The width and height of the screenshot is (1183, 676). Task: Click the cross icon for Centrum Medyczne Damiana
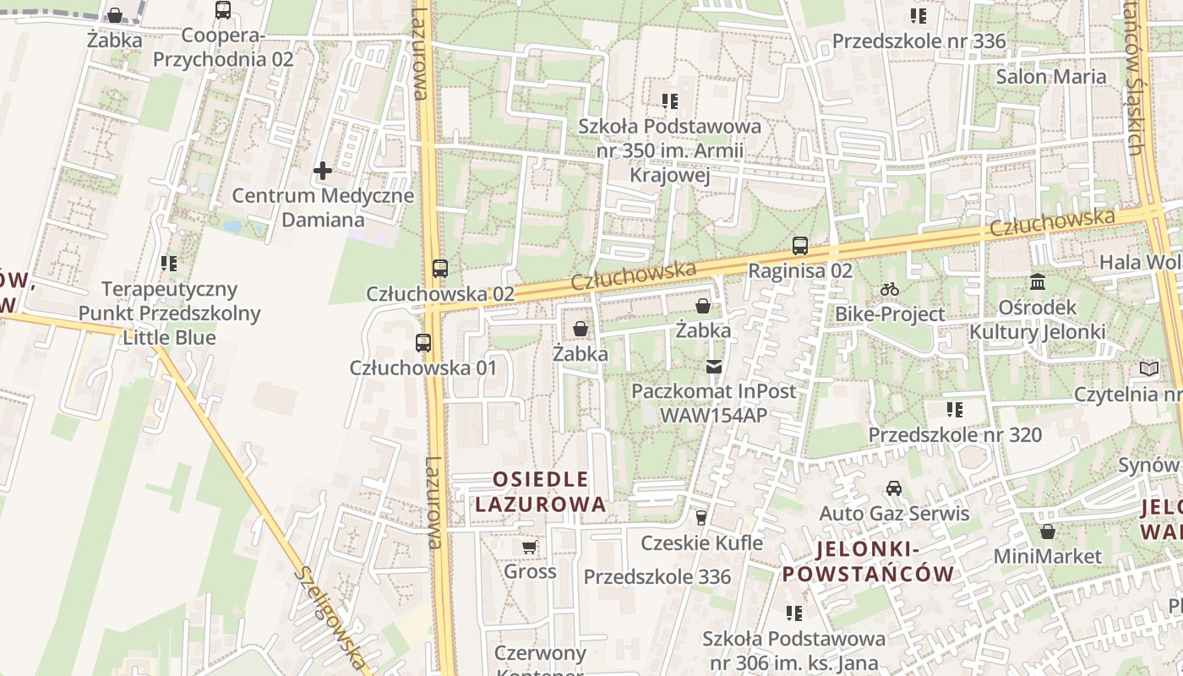(322, 172)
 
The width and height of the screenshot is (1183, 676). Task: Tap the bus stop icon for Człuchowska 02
(439, 269)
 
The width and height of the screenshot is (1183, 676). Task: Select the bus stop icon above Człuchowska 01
(423, 343)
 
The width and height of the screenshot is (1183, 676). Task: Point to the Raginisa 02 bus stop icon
(799, 246)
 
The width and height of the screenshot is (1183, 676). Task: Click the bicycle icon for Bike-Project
(889, 289)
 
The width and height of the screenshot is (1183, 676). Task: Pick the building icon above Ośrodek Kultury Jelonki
(1037, 281)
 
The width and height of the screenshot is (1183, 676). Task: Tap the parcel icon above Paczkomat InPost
(714, 367)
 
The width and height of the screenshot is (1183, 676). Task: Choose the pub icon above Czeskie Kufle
(701, 517)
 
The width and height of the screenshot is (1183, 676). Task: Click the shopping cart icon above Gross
(530, 547)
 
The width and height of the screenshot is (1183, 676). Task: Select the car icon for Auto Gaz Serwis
(893, 488)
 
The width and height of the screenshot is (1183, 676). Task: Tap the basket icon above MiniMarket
(1047, 532)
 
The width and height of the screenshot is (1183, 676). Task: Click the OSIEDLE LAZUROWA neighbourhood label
(540, 492)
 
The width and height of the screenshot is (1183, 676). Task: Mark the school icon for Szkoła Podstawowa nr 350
(670, 101)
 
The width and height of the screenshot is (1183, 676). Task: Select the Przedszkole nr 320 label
(955, 435)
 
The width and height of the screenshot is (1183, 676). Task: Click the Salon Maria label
(1050, 77)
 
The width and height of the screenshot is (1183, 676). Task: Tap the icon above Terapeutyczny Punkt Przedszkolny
(169, 264)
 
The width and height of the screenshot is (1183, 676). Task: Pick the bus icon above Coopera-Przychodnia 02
(222, 10)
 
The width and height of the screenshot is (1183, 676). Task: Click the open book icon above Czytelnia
(1148, 368)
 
